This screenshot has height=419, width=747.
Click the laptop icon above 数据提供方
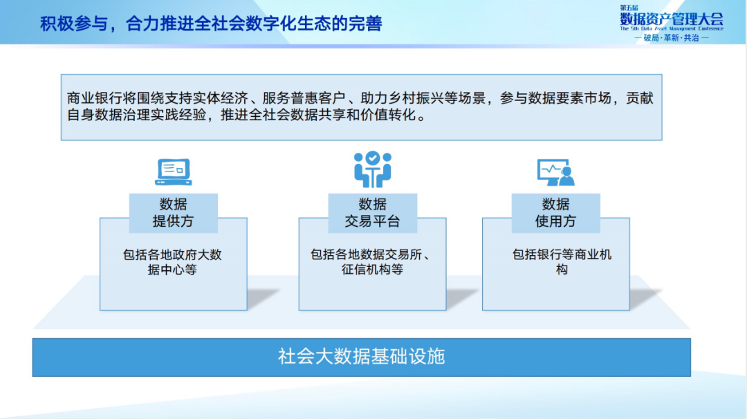pyautogui.click(x=173, y=171)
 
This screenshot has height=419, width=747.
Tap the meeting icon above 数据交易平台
pyautogui.click(x=373, y=169)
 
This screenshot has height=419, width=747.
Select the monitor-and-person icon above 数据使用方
pyautogui.click(x=556, y=171)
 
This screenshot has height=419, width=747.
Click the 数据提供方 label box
pyautogui.click(x=173, y=213)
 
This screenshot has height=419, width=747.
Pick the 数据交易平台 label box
pyautogui.click(x=372, y=213)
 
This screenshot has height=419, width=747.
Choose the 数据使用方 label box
pyautogui.click(x=555, y=213)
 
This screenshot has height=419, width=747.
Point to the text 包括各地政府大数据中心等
pyautogui.click(x=172, y=262)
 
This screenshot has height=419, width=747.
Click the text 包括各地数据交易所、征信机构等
pyautogui.click(x=372, y=262)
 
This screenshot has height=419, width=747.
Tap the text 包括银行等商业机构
pyautogui.click(x=562, y=262)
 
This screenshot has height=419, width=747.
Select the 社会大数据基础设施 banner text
pyautogui.click(x=361, y=357)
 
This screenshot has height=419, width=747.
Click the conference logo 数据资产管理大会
pyautogui.click(x=672, y=19)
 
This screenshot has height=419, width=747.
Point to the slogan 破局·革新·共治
pyautogui.click(x=672, y=38)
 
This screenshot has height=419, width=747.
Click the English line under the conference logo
pyautogui.click(x=672, y=29)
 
